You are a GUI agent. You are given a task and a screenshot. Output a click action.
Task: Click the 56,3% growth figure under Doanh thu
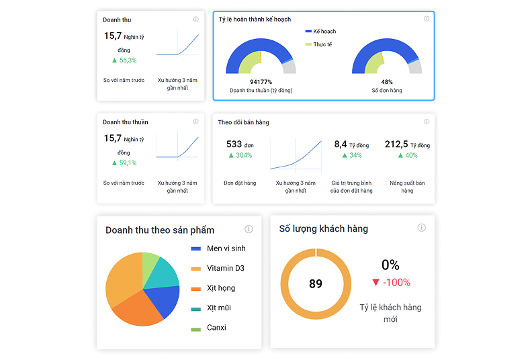(124, 60)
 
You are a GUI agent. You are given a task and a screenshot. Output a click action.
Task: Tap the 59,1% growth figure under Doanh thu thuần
(124, 163)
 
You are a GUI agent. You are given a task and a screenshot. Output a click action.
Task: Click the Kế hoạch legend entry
(321, 32)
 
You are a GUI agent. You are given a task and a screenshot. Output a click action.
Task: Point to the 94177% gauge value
(261, 82)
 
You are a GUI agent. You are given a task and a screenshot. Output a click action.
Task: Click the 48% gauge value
(387, 82)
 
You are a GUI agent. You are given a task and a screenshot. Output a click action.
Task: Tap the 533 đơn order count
(240, 144)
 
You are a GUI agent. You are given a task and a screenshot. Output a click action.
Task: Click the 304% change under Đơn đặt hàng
(240, 156)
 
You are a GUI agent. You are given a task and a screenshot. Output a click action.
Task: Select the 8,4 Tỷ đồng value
(351, 144)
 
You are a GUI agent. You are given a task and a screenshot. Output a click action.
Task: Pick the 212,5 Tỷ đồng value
(407, 144)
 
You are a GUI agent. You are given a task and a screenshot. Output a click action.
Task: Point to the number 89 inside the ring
(316, 284)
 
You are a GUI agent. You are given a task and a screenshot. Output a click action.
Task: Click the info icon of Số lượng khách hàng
(421, 228)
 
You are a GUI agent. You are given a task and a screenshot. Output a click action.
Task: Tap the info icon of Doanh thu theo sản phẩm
(249, 229)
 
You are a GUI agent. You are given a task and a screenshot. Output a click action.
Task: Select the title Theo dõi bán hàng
(244, 122)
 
